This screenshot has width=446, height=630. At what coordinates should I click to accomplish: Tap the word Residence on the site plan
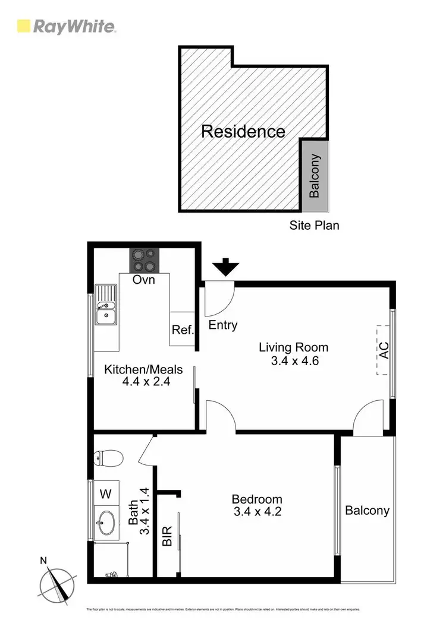coord(243,131)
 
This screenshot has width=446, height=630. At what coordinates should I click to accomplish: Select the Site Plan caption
coord(314,225)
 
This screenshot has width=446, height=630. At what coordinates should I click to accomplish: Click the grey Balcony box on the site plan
coord(315,176)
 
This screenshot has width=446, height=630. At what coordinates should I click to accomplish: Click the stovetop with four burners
coord(145,259)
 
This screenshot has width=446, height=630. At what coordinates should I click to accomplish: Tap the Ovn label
coord(144,279)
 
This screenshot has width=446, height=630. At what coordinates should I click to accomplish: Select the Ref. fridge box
coord(183,330)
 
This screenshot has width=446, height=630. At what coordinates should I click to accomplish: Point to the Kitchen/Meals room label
coord(143,369)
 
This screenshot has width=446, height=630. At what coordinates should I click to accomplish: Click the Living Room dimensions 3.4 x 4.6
coord(293,360)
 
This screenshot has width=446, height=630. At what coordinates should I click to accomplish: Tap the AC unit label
coord(384,350)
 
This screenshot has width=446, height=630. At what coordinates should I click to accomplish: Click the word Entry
coord(223,325)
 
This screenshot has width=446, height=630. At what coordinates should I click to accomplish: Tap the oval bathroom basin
coord(106,523)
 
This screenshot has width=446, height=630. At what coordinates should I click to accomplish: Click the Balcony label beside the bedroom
coord(367,510)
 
